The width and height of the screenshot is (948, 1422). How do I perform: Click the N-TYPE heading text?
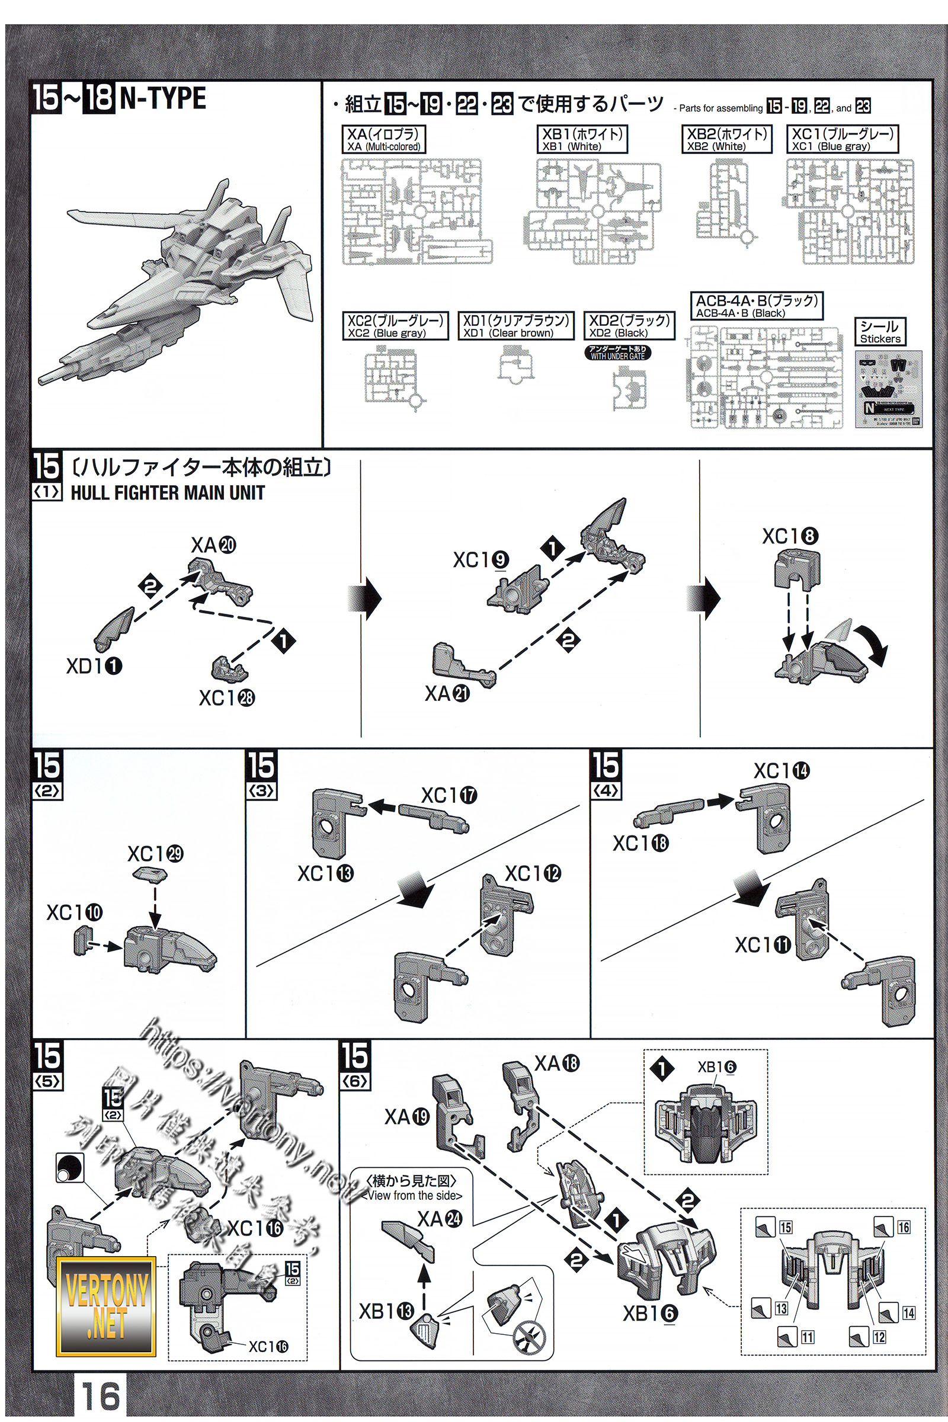[x=164, y=98]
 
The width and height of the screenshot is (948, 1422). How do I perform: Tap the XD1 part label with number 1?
[x=94, y=666]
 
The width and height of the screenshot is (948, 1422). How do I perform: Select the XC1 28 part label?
[x=227, y=699]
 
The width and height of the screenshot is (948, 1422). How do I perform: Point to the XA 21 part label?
[x=447, y=693]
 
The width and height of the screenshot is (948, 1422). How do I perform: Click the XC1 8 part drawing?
[x=798, y=566]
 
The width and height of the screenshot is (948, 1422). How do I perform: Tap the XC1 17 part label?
[x=449, y=796]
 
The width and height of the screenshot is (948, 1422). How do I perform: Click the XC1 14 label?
[x=781, y=771]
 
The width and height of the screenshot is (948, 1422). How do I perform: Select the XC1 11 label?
[x=763, y=944]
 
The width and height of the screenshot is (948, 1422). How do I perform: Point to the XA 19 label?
[x=407, y=1117]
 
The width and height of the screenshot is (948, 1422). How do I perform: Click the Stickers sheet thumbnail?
[x=889, y=390]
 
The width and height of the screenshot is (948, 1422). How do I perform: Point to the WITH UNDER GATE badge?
[x=618, y=353]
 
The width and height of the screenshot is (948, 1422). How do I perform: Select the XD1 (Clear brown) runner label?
[x=515, y=325]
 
